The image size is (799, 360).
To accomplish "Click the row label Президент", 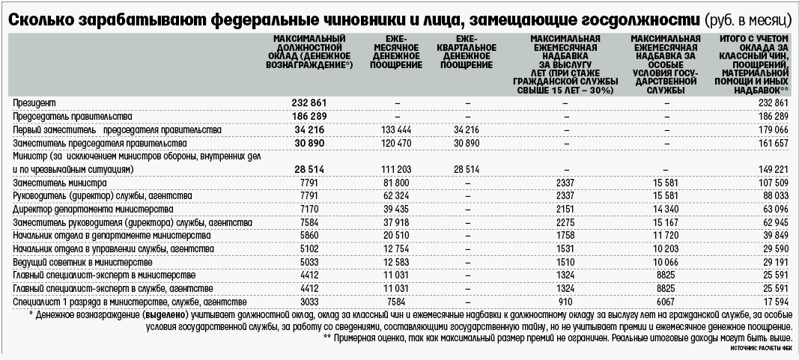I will pos(35,102).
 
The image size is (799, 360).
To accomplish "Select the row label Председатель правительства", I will pos(73,116).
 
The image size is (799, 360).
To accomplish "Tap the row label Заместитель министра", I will pos(61,183).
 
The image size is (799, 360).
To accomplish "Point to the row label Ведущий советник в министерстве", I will pos(83,263).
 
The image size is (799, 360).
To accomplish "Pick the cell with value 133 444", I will pos(396,129).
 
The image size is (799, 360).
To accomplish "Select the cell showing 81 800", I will pos(396,183).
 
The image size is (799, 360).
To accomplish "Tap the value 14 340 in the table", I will pos(666,210).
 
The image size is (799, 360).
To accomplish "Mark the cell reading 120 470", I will pos(396,142).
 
